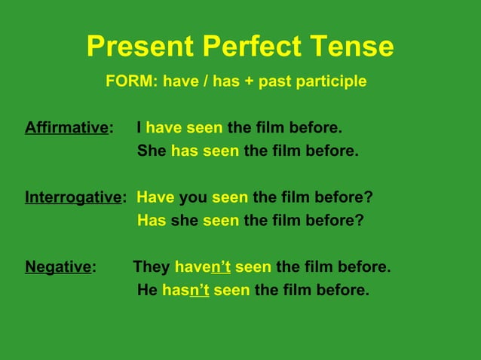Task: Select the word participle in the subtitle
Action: click(329, 81)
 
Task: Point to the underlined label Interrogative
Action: click(73, 197)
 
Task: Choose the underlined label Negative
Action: click(58, 267)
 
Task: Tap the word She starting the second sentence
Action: click(152, 151)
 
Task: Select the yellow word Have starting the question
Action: click(155, 197)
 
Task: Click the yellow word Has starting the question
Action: click(152, 221)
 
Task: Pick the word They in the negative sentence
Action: click(152, 267)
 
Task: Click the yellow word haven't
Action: click(202, 267)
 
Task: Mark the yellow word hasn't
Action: click(185, 290)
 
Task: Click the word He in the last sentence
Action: click(147, 290)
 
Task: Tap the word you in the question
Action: click(193, 197)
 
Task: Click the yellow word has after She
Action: click(185, 151)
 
